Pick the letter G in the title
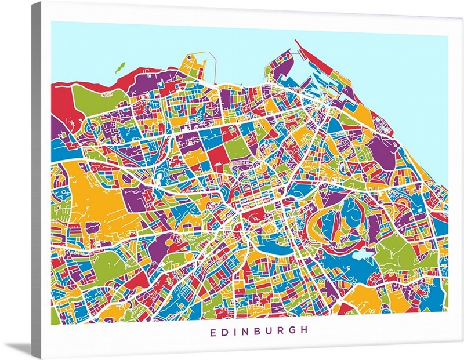tap(293, 331)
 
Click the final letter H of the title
tap(305, 331)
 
